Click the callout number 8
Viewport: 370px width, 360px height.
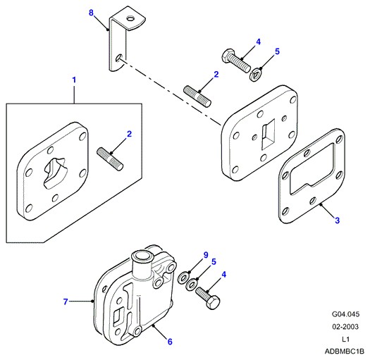pyautogui.click(x=91, y=13)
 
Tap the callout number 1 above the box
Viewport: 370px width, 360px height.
pyautogui.click(x=74, y=80)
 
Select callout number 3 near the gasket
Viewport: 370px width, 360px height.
pyautogui.click(x=337, y=221)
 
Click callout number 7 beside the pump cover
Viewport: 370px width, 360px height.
pyautogui.click(x=66, y=302)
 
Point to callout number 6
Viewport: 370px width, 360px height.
pyautogui.click(x=170, y=342)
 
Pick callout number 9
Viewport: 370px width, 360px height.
pyautogui.click(x=206, y=255)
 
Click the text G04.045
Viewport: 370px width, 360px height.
pyautogui.click(x=345, y=314)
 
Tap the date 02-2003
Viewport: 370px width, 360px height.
pyautogui.click(x=345, y=327)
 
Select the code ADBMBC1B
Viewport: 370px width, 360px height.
pyautogui.click(x=345, y=352)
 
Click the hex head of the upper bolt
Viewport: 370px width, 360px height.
pyautogui.click(x=228, y=55)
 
